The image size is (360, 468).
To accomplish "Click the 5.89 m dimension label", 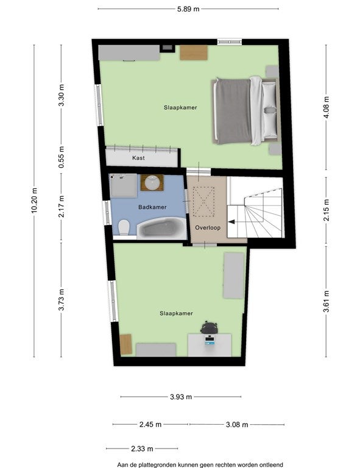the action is [x=188, y=9].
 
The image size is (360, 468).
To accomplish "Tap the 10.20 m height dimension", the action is [x=34, y=200].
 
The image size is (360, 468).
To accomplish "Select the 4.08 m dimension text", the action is [x=326, y=107].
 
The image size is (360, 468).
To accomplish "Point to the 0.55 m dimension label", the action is [x=62, y=157].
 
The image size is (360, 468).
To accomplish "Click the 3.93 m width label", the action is [x=181, y=397].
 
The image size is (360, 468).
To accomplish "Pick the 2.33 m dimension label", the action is [x=142, y=448].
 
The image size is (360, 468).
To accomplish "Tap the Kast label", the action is [x=138, y=158].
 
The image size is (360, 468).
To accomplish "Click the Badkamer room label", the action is [x=152, y=207].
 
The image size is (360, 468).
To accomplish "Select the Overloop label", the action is [x=208, y=228].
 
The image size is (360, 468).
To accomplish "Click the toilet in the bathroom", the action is [x=124, y=227].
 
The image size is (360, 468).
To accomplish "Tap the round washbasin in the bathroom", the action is [x=152, y=183].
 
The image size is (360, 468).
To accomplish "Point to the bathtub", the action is [x=161, y=229].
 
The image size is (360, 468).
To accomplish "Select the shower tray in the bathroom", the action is [x=123, y=186].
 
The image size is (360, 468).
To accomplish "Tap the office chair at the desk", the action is [x=209, y=328].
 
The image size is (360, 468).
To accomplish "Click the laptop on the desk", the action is [x=210, y=340].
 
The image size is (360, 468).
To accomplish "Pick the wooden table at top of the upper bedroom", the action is [x=194, y=52].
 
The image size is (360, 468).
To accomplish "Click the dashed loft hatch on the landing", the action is [x=204, y=202].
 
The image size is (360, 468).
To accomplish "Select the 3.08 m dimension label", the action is [x=237, y=424].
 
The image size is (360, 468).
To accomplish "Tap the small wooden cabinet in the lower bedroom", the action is [x=126, y=344].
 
